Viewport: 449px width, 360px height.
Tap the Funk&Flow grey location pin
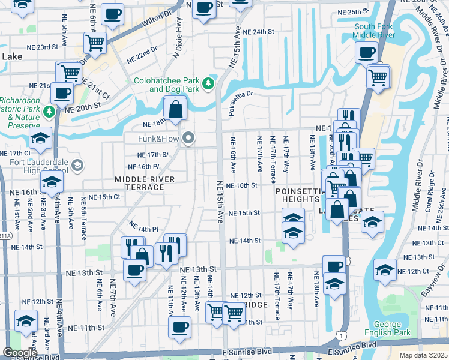tap(189, 139)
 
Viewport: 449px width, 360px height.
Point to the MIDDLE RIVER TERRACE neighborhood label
tap(145, 183)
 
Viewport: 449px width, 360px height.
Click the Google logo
tap(20, 353)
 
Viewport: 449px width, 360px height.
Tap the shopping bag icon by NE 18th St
tap(175, 109)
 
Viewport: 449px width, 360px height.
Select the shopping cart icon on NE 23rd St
tap(95, 43)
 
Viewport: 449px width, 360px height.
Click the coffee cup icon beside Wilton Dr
tap(112, 15)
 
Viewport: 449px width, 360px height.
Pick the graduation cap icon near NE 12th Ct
tap(385, 271)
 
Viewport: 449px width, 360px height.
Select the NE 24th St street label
tap(259, 31)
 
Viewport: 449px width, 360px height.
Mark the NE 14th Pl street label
tap(143, 229)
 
